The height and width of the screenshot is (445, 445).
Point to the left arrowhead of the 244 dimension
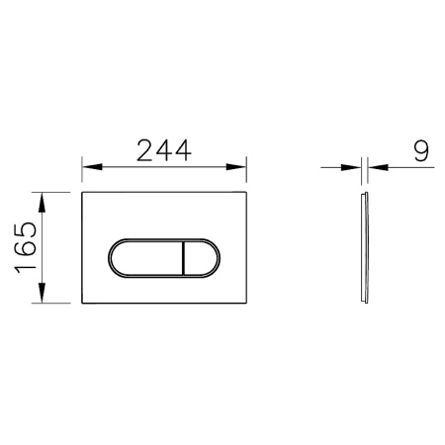(x=87, y=167)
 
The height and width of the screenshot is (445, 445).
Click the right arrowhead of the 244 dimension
(x=240, y=167)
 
